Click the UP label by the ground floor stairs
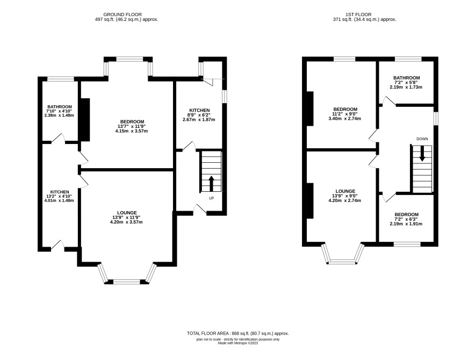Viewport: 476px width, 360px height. pos(212,198)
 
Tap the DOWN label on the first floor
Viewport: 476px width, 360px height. pos(422,139)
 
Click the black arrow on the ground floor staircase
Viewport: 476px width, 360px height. pos(211,183)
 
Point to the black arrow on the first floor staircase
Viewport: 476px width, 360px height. pos(422,154)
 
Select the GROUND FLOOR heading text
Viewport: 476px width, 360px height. pos(122,15)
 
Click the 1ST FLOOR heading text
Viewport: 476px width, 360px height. pos(358,15)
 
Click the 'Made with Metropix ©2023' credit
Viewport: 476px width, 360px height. pos(238,343)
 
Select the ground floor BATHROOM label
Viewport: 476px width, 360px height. pos(60,107)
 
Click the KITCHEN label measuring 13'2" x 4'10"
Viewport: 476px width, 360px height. pos(60,192)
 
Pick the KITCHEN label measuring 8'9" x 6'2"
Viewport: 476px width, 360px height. pos(199,110)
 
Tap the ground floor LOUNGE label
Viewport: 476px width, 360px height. pos(127,213)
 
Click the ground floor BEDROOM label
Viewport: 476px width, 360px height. pos(132,122)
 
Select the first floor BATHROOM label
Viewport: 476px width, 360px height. pos(407,78)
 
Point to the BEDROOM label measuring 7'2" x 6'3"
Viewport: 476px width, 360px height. pos(406,214)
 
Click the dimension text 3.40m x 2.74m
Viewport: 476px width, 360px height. pos(345,119)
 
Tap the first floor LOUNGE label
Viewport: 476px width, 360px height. pos(345,191)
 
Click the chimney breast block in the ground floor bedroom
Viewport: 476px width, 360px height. pos(84,120)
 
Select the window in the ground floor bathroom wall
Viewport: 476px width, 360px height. pos(60,79)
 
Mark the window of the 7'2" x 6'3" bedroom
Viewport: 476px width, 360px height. pos(407,244)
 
